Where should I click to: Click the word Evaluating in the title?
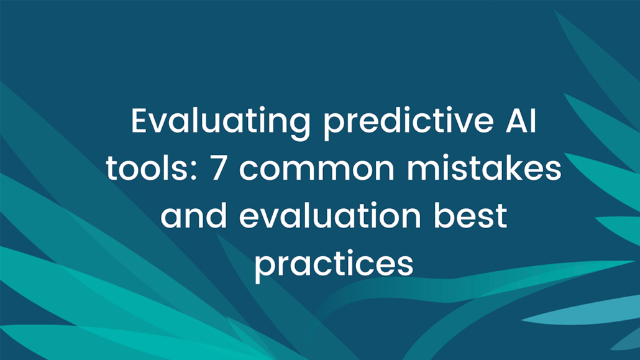221,122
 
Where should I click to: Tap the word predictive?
409,122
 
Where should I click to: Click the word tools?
147,168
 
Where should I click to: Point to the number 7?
218,168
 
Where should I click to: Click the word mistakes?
484,168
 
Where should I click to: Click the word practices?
334,264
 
